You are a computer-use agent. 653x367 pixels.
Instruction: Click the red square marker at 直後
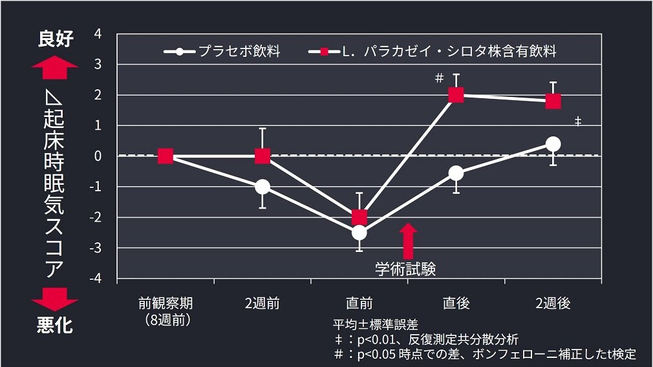456,95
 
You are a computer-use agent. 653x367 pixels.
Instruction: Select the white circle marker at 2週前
262,187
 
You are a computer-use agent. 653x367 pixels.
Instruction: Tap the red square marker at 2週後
553,101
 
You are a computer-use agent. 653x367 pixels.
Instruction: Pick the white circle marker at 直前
359,233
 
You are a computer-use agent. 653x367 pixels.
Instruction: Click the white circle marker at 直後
456,173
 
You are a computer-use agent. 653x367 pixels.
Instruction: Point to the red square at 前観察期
166,156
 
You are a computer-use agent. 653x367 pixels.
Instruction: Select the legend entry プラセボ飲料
223,51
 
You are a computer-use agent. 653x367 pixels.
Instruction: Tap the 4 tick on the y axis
98,34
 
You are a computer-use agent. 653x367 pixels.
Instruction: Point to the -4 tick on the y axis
96,278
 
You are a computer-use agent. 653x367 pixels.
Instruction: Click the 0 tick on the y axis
98,156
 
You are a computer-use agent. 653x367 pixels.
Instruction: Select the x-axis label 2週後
553,303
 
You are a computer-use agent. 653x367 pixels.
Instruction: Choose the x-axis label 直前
359,303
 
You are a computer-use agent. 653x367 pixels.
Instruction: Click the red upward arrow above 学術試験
407,240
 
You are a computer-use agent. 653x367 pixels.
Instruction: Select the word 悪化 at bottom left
55,326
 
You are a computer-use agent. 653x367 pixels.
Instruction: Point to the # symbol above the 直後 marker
439,78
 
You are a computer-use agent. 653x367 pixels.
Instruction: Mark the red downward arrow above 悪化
55,299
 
